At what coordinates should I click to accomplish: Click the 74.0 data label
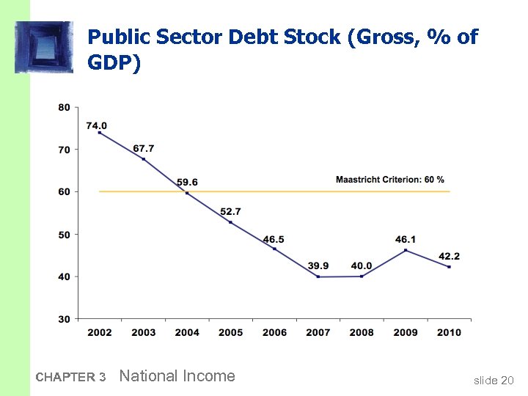pyautogui.click(x=96, y=125)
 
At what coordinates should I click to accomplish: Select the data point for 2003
pyautogui.click(x=144, y=159)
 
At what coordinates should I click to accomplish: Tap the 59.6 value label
pyautogui.click(x=187, y=182)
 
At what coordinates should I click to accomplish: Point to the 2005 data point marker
pyautogui.click(x=231, y=222)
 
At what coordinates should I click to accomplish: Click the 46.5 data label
pyautogui.click(x=274, y=239)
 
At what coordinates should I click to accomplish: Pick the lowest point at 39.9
pyautogui.click(x=318, y=276)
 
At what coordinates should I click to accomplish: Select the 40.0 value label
pyautogui.click(x=362, y=265)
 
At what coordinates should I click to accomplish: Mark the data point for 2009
pyautogui.click(x=406, y=251)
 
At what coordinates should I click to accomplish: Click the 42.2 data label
pyautogui.click(x=449, y=256)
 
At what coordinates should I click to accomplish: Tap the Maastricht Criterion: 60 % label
pyautogui.click(x=389, y=180)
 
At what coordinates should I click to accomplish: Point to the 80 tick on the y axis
pyautogui.click(x=64, y=108)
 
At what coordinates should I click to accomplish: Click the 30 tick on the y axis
pyautogui.click(x=64, y=319)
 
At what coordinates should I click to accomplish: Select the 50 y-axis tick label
pyautogui.click(x=64, y=235)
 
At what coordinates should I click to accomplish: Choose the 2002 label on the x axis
pyautogui.click(x=100, y=333)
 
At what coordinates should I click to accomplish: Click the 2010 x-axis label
pyautogui.click(x=449, y=333)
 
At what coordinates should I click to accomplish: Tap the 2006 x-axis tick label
pyautogui.click(x=274, y=333)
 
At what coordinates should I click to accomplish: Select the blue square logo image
pyautogui.click(x=44, y=47)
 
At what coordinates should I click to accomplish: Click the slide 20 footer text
pyautogui.click(x=494, y=380)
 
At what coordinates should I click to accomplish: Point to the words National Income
pyautogui.click(x=177, y=376)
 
